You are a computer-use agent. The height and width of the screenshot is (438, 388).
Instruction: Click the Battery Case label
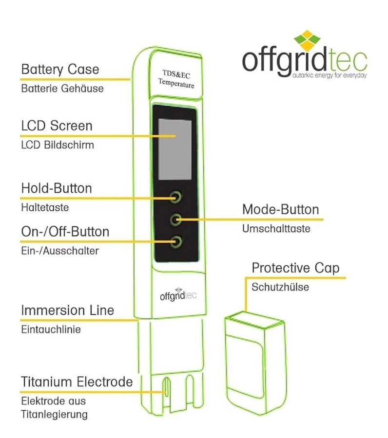point(60,69)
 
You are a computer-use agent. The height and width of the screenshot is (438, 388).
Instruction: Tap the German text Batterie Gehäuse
point(62,89)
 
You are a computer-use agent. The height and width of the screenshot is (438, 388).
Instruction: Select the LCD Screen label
point(57,126)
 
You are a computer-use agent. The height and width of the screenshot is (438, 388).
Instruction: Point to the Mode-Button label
point(280,210)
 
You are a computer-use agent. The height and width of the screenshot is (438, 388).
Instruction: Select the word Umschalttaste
point(276,229)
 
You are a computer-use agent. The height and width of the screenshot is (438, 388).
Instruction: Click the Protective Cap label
point(295,268)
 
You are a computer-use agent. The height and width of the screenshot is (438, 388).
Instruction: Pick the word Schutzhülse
point(280,287)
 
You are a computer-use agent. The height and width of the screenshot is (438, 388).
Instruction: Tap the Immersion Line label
point(67,310)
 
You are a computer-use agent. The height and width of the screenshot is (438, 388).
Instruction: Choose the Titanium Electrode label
point(77,382)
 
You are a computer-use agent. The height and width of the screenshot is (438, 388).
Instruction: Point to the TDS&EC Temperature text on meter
point(175,79)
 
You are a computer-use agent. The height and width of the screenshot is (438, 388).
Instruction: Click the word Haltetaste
point(45,207)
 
